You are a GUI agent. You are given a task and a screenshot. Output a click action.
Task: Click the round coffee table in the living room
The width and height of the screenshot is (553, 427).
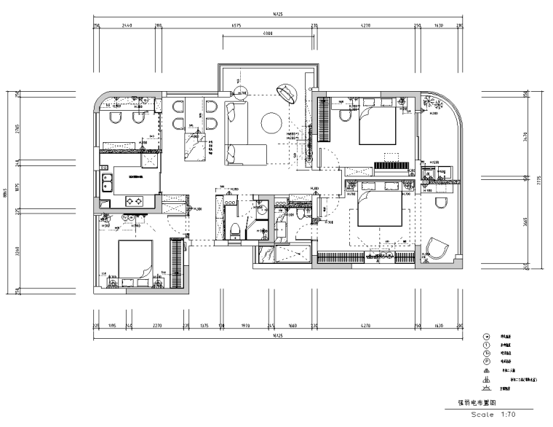click(272, 122)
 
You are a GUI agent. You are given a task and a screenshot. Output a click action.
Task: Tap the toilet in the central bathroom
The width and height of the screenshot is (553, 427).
click(234, 230)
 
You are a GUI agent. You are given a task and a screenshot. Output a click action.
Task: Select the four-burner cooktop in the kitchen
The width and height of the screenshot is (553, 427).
click(136, 200)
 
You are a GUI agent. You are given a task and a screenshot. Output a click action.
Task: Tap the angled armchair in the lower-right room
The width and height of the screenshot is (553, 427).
click(439, 248)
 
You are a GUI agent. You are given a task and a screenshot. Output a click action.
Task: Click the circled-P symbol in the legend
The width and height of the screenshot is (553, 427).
click(485, 359)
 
